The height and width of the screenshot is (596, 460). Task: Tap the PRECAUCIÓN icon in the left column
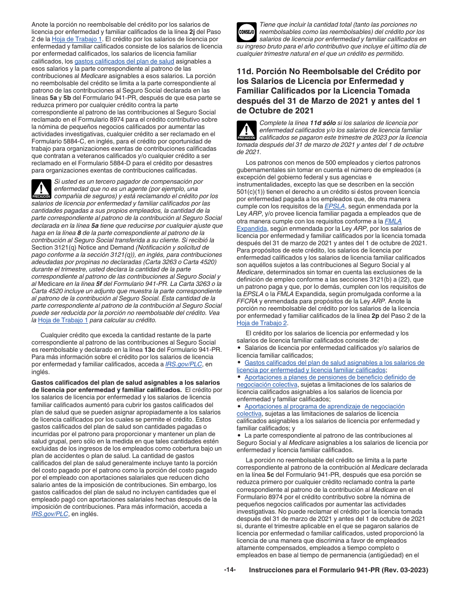tap(41, 189)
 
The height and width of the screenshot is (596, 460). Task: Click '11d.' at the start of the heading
tap(246, 72)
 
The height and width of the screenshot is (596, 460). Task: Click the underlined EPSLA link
tap(334, 206)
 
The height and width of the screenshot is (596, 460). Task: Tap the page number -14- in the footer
tap(230, 570)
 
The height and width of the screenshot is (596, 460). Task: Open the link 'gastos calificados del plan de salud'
tap(124, 61)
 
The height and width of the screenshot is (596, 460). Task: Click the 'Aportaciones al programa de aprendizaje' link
tap(324, 407)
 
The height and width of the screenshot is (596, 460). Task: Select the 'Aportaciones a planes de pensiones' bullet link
tap(330, 377)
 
